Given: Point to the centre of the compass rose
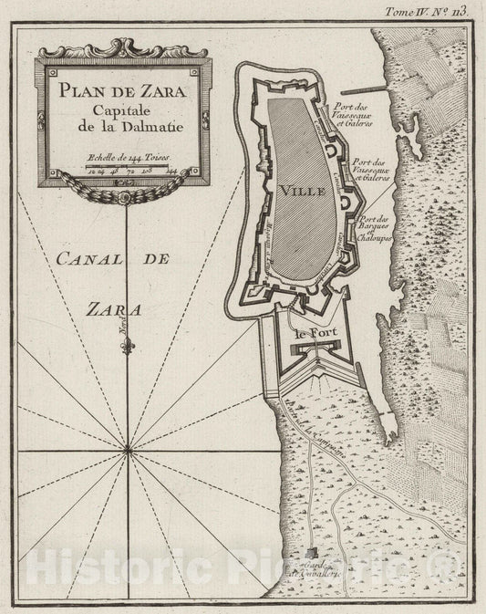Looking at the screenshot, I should (x=127, y=447).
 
